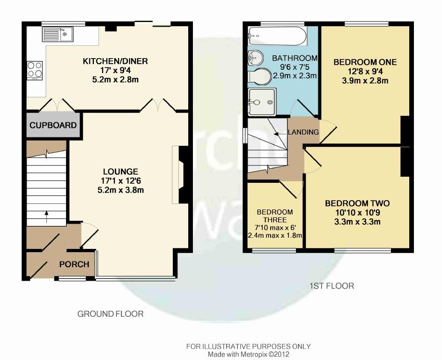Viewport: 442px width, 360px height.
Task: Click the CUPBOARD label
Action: [53, 125]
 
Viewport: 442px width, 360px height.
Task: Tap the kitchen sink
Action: [58, 34]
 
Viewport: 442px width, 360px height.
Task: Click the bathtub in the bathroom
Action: [277, 36]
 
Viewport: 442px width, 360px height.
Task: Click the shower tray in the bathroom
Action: [262, 102]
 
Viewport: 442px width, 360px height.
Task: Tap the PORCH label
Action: [74, 264]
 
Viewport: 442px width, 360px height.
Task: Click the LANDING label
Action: [303, 132]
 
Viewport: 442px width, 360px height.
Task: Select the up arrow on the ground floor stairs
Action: [46, 217]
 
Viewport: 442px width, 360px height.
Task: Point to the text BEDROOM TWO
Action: [357, 203]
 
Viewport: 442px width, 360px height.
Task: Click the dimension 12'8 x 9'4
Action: [365, 71]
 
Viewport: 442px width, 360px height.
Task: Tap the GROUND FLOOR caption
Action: [110, 314]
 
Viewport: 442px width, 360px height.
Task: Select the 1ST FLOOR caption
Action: [332, 286]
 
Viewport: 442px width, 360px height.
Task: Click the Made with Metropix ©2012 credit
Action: [249, 354]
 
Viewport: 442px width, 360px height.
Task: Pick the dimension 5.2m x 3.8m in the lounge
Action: [121, 190]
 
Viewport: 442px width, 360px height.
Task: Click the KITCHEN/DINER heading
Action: [115, 61]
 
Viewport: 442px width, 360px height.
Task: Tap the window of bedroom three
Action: [274, 250]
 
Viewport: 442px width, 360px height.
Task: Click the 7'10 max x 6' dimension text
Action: [275, 227]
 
